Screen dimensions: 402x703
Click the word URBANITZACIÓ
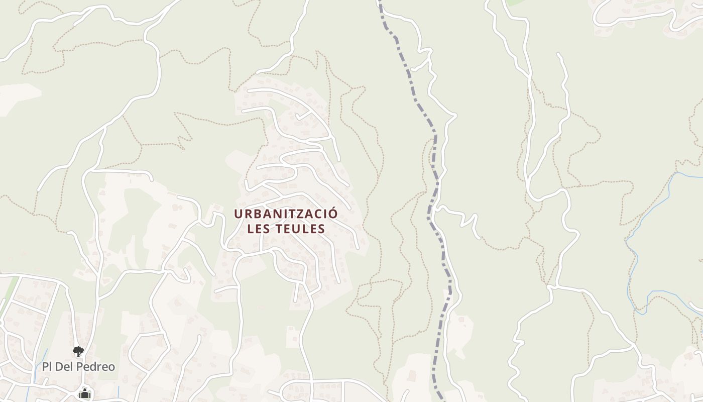[x=286, y=214]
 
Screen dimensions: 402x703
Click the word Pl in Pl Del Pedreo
[x=47, y=367]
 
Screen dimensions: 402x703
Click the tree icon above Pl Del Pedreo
[x=78, y=351]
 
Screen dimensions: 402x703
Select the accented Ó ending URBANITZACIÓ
[x=333, y=214]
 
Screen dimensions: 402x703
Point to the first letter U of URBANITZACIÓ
[x=238, y=214]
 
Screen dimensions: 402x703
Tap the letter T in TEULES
[x=280, y=229]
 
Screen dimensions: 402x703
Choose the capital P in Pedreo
[x=82, y=367]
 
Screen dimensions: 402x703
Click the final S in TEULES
[x=321, y=229]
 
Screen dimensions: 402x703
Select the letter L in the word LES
[x=251, y=229]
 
